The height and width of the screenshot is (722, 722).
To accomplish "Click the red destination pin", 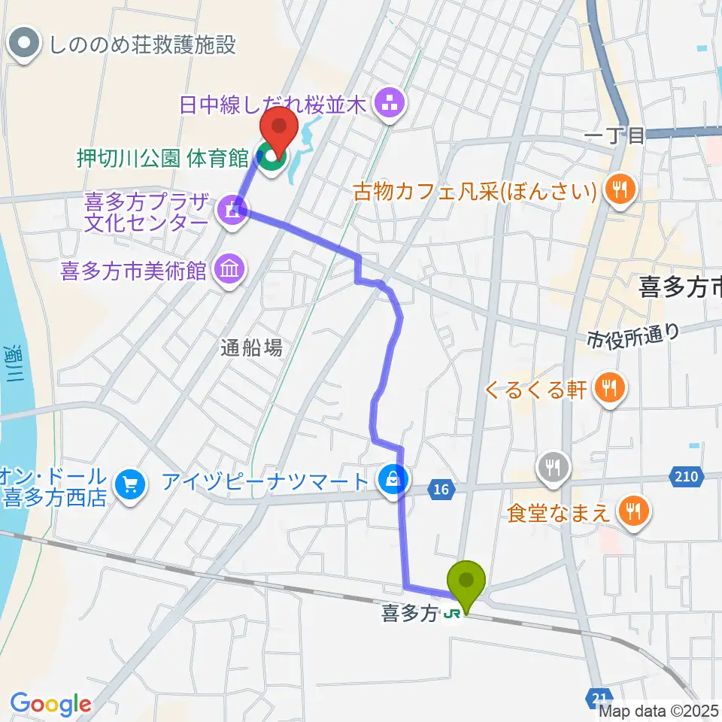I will (279, 129).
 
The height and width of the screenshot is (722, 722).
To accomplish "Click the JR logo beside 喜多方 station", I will (452, 614).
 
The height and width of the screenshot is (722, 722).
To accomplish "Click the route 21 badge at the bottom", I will (599, 699).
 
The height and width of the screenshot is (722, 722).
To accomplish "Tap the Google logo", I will (50, 704).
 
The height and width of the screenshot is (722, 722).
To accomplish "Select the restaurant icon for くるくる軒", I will (609, 389).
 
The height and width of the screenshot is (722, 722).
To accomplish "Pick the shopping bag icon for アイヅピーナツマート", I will (395, 478).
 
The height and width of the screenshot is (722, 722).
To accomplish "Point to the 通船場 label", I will (252, 347).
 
